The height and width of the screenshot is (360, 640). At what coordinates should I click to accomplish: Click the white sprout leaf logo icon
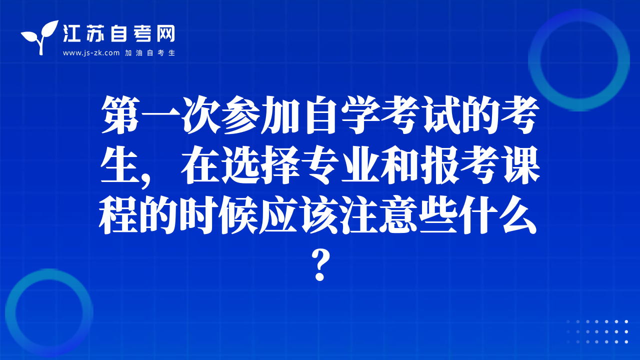(x=40, y=37)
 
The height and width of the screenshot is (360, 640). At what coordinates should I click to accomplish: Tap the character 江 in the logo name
(x=71, y=33)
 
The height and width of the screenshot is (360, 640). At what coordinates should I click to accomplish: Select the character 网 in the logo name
(x=165, y=33)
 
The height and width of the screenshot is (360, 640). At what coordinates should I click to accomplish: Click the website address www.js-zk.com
(x=91, y=53)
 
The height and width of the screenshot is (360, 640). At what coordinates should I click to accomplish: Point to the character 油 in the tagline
(x=139, y=53)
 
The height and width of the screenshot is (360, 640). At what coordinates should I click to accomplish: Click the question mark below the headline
(x=320, y=265)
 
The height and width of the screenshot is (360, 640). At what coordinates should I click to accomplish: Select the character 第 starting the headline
(x=120, y=115)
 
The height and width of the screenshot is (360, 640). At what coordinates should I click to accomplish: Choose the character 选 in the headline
(x=240, y=165)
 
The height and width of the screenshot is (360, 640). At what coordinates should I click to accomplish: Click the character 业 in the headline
(x=360, y=165)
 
